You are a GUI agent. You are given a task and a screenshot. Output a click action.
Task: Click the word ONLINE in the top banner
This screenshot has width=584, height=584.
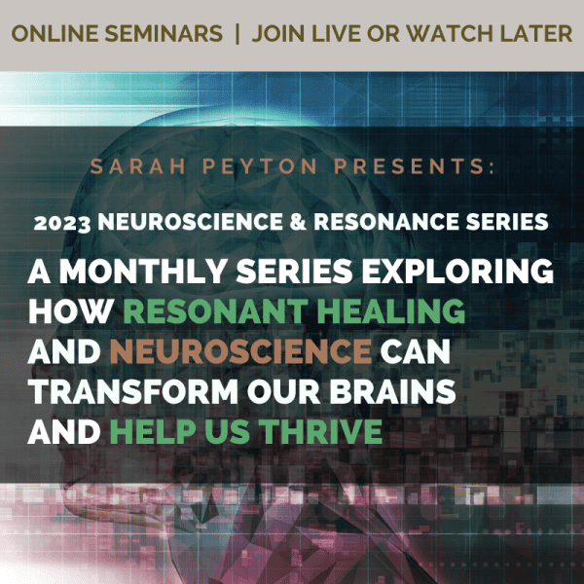(55, 33)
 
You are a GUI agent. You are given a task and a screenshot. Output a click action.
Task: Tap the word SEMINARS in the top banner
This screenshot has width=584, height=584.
(164, 33)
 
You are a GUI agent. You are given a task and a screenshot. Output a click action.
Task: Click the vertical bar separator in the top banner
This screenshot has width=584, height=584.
(237, 34)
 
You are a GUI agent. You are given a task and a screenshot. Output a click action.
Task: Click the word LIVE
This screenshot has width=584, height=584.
(336, 33)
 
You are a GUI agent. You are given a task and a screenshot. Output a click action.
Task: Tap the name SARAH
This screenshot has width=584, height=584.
(138, 166)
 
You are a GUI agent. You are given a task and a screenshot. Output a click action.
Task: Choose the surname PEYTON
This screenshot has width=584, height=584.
(260, 166)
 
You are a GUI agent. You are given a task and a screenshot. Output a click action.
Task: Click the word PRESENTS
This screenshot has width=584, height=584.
(412, 166)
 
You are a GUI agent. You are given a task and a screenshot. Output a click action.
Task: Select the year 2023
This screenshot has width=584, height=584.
(62, 223)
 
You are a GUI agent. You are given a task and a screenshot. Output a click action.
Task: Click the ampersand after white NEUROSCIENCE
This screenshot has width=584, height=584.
(298, 222)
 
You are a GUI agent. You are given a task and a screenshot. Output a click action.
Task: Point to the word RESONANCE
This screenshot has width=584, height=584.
(386, 222)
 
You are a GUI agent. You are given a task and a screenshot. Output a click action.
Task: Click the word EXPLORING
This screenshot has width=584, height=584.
(457, 271)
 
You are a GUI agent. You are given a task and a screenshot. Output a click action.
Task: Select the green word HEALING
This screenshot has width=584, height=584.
(390, 311)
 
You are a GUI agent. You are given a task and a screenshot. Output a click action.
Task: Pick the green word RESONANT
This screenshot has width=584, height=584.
(216, 311)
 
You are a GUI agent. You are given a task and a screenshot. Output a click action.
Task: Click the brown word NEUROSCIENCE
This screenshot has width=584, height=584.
(241, 351)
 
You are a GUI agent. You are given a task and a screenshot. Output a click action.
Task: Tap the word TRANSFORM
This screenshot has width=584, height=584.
(133, 392)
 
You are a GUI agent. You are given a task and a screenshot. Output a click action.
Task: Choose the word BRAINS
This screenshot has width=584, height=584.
(392, 392)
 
